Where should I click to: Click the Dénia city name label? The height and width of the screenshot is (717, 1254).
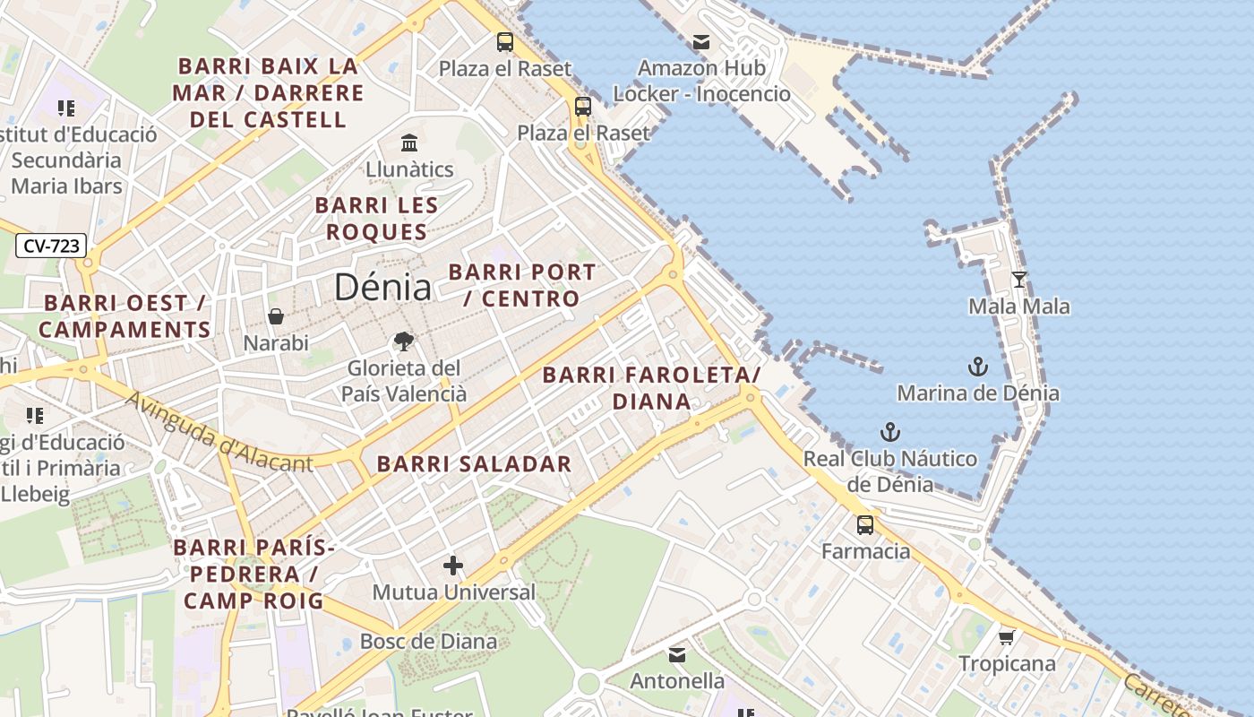coord(382,288)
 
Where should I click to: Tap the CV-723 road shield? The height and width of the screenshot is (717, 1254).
coord(51,246)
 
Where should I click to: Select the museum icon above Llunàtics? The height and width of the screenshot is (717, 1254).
coord(409,143)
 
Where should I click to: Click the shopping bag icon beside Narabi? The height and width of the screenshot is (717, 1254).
coord(276,316)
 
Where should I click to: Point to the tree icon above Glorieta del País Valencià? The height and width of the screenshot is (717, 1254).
coord(404,341)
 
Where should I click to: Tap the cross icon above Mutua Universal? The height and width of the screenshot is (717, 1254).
coord(453,566)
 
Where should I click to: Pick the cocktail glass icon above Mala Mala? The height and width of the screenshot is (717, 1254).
coord(1018,280)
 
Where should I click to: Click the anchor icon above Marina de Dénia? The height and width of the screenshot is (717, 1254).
coord(977,367)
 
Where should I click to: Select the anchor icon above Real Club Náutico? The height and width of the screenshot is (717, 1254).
coord(889,433)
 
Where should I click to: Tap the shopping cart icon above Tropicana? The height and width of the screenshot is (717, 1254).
coord(1006,637)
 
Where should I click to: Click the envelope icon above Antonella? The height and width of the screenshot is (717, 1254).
coord(677,655)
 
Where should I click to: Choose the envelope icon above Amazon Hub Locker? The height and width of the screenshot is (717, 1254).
coord(700,42)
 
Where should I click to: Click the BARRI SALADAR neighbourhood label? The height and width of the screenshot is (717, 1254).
coord(474,464)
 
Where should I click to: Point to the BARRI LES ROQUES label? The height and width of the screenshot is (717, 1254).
coord(376,219)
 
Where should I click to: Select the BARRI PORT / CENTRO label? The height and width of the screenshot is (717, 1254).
coord(522,285)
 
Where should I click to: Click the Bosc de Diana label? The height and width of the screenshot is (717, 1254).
coord(428,642)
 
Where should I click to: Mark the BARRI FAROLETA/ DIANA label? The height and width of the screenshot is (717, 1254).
coord(651,388)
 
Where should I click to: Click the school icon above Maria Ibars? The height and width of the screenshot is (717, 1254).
coord(66,108)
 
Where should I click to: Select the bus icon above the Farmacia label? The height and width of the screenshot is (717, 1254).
coord(865,525)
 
